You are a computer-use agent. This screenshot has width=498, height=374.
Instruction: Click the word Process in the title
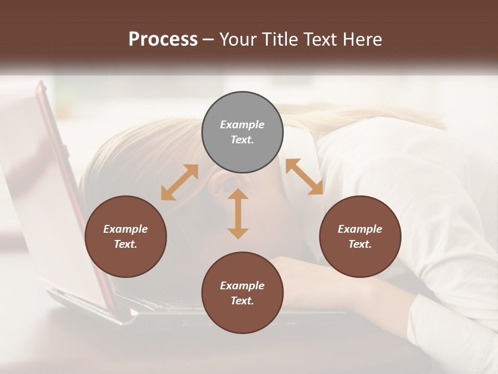point(163,39)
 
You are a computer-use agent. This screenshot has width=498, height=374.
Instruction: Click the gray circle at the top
point(242,132)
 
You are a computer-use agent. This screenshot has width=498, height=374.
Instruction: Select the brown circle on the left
point(126,236)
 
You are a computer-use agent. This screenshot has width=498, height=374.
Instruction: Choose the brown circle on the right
point(360,236)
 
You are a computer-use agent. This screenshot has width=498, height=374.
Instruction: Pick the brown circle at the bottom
point(242,293)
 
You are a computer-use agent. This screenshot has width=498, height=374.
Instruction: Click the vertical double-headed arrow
point(238,213)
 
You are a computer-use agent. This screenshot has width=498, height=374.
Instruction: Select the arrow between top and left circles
point(179,182)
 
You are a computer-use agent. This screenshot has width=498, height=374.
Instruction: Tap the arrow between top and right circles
point(304,177)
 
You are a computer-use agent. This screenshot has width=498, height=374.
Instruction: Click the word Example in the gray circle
point(242,125)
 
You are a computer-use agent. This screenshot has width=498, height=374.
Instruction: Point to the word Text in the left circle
point(126,244)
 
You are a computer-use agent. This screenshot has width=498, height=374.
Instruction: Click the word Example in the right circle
point(360,229)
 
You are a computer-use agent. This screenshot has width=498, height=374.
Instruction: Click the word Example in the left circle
point(126,229)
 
